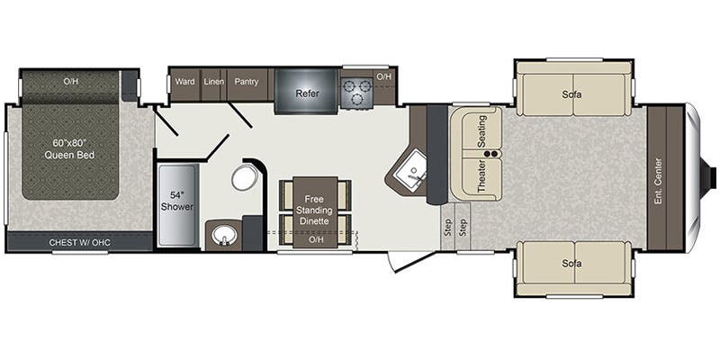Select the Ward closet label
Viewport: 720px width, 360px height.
tap(184, 82)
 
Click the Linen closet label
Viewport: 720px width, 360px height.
tap(213, 82)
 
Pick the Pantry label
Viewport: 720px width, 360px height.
tap(247, 82)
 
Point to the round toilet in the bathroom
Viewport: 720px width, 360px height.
tap(244, 177)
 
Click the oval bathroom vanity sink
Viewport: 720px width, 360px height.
tap(221, 238)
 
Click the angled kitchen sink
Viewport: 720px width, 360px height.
tap(414, 172)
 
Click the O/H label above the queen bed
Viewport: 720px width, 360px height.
tap(71, 82)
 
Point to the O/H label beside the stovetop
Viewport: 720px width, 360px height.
tap(383, 77)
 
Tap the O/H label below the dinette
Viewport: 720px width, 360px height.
tap(315, 240)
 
